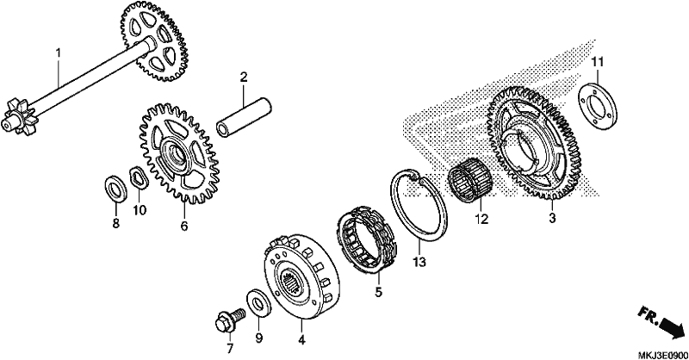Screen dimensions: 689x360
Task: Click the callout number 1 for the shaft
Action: pos(58,53)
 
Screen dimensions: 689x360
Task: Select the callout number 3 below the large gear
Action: pos(552,218)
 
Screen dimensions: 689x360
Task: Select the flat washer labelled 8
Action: pos(116,189)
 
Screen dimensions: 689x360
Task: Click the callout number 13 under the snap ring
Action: pos(419,263)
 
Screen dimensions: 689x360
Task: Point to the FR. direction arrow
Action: pos(661,322)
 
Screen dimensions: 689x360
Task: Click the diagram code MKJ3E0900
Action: pos(663,354)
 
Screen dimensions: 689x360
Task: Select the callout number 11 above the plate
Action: pos(597,62)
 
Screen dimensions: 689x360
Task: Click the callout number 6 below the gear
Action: pos(183,226)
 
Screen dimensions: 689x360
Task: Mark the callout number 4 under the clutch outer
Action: pos(301,340)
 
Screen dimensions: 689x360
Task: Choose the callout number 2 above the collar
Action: pos(244,78)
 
